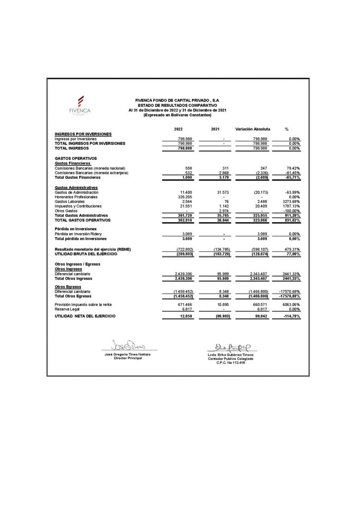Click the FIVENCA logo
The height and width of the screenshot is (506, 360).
(x=80, y=105)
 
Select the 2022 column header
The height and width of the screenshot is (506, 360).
(x=178, y=129)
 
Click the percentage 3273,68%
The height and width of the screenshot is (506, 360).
(x=290, y=202)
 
